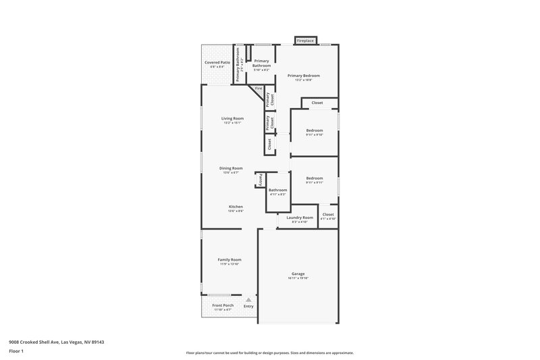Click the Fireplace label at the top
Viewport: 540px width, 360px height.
[x=306, y=41]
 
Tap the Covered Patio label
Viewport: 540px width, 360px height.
[x=217, y=62]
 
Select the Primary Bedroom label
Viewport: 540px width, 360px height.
[x=303, y=76]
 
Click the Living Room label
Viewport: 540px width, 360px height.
[x=232, y=118]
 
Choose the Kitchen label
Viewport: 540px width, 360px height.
[x=236, y=207]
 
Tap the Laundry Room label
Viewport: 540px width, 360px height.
[x=300, y=217]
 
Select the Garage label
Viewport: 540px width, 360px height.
[x=298, y=274]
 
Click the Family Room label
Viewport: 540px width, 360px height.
[x=230, y=259]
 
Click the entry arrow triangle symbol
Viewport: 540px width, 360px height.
[x=248, y=299]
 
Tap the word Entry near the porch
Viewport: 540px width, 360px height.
[x=248, y=307]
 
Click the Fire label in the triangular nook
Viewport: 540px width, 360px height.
[x=258, y=88]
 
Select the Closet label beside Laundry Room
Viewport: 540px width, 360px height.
[x=328, y=214]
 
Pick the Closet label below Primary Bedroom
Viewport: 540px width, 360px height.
[x=317, y=103]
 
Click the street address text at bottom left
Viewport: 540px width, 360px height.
[x=56, y=342]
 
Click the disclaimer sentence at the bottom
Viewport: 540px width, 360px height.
[x=270, y=353]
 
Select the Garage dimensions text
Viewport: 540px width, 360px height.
[x=298, y=278]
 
